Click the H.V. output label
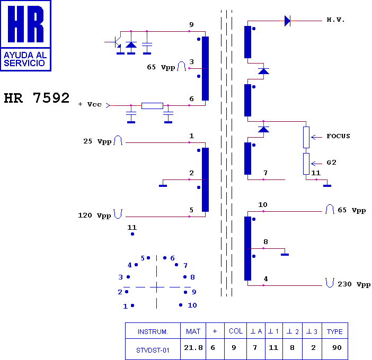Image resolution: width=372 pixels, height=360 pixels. (335, 20)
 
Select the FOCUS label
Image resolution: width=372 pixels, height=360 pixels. (338, 136)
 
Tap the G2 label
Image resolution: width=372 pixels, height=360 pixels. (331, 163)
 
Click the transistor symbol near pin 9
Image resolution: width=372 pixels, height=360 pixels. (116, 43)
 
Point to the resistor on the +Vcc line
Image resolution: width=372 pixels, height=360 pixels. (152, 106)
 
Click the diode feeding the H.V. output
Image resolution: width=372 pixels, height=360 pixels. (288, 21)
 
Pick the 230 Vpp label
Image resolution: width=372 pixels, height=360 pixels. (354, 284)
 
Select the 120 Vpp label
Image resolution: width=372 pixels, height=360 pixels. (94, 215)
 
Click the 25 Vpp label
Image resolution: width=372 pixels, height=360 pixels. (98, 141)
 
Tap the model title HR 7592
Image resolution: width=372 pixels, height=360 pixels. (37, 98)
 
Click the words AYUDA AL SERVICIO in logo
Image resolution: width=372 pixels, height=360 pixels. (25, 59)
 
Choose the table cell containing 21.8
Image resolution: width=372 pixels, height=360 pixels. (193, 348)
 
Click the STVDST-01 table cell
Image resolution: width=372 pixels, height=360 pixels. (153, 350)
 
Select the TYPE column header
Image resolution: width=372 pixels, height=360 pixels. (335, 331)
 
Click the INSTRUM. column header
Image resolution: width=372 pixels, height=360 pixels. (153, 331)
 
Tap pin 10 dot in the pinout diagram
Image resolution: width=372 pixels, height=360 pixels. (181, 305)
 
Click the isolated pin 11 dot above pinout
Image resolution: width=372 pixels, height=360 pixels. (132, 234)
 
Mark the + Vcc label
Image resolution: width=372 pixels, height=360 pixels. (90, 104)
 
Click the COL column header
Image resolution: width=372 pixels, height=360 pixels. (236, 331)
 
